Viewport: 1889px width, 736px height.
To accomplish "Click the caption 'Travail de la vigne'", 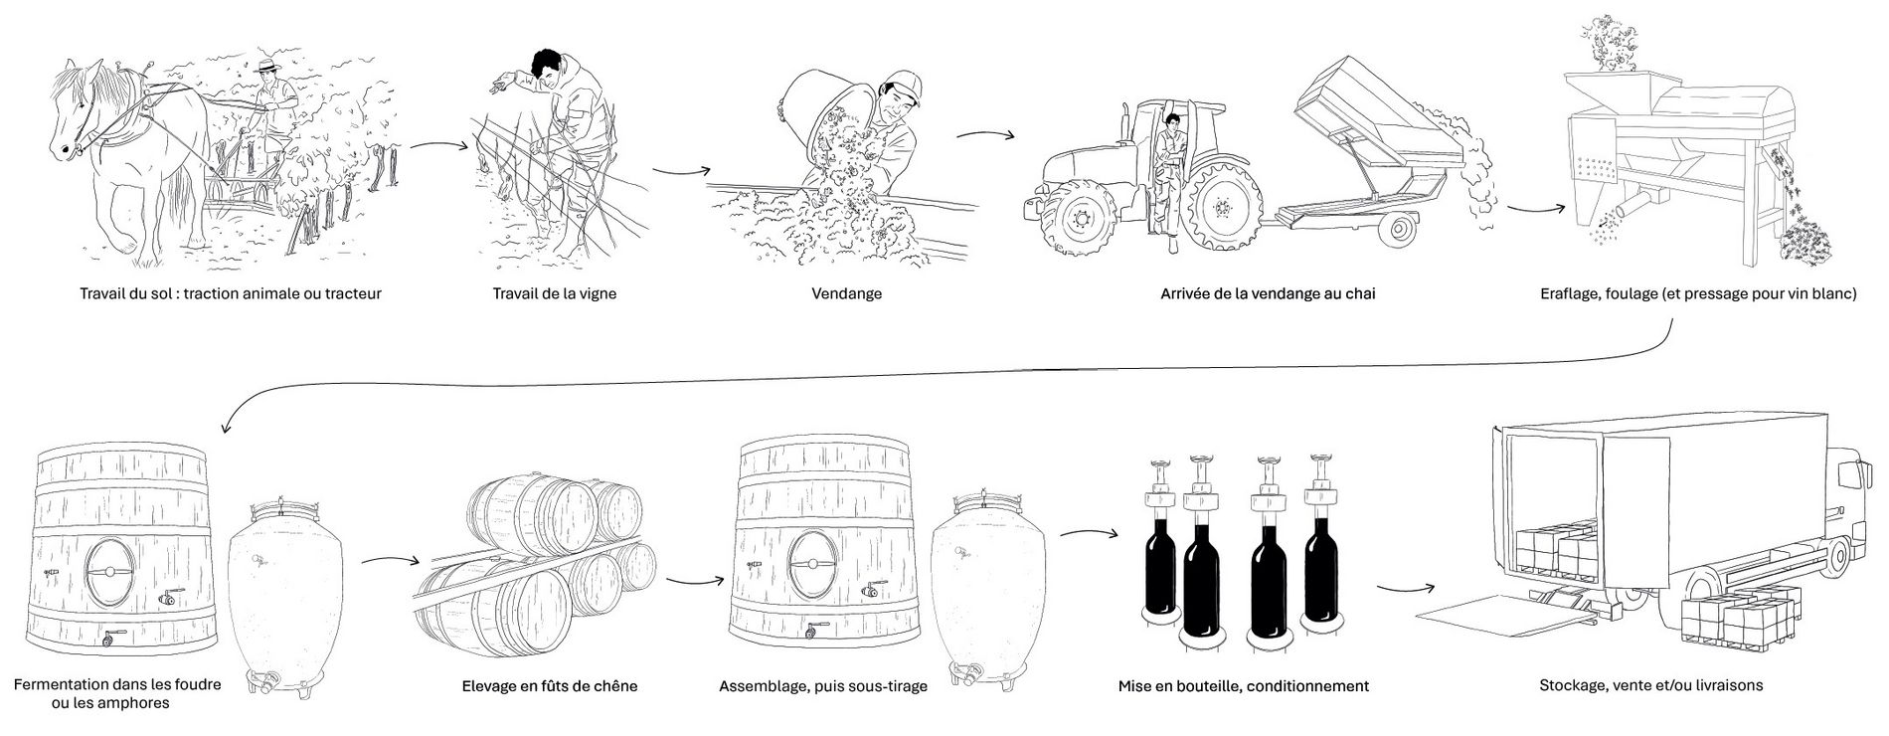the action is [554, 294].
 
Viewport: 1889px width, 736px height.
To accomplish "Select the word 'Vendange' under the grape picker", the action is [846, 294].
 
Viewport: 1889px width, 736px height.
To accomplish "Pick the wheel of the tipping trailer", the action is [1399, 229].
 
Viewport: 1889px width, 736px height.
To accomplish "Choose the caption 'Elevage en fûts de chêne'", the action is [550, 686].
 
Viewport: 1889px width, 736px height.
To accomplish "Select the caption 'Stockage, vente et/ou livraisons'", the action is [1650, 686].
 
